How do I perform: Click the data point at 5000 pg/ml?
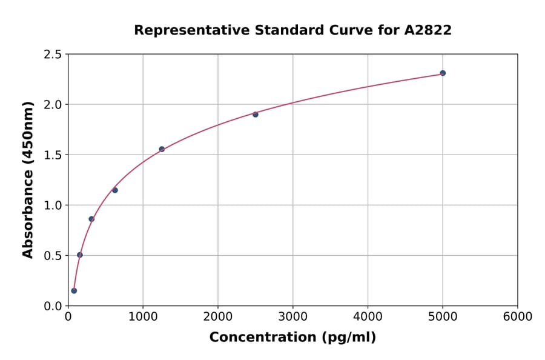pos(443,73)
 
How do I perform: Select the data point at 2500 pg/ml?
pos(256,115)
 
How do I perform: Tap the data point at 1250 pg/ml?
pos(162,149)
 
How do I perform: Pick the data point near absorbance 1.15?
pos(115,190)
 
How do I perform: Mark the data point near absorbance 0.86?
pos(91,219)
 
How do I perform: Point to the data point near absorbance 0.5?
pos(80,255)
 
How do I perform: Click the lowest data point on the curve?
pos(74,290)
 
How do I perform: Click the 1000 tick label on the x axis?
pos(143,316)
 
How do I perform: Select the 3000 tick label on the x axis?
pos(292,316)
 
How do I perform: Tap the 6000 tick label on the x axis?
pos(517,316)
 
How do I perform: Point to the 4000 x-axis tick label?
pos(368,316)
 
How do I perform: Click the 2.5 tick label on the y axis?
pos(53,55)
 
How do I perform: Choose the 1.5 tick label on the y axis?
pos(53,155)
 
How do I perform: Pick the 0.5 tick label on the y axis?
pos(53,256)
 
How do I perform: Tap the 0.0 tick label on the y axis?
pos(53,306)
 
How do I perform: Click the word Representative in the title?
pos(182,30)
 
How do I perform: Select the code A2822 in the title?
pos(428,30)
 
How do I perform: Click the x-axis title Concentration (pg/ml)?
pos(292,338)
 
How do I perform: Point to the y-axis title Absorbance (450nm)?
pos(28,179)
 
